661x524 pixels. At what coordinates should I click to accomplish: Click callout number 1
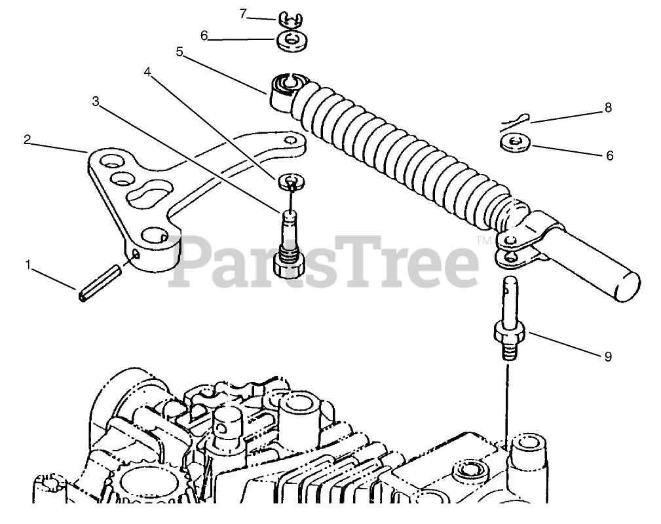28,265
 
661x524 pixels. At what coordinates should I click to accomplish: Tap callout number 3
96,102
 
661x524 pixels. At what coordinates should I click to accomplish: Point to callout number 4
147,72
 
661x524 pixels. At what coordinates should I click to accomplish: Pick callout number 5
179,52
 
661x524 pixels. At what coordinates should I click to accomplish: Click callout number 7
243,14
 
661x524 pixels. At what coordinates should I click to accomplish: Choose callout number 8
607,108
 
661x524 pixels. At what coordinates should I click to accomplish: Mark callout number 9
607,356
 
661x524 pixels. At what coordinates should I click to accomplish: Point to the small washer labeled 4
291,181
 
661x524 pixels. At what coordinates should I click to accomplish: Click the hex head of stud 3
288,267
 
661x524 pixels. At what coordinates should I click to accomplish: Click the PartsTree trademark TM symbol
483,240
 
